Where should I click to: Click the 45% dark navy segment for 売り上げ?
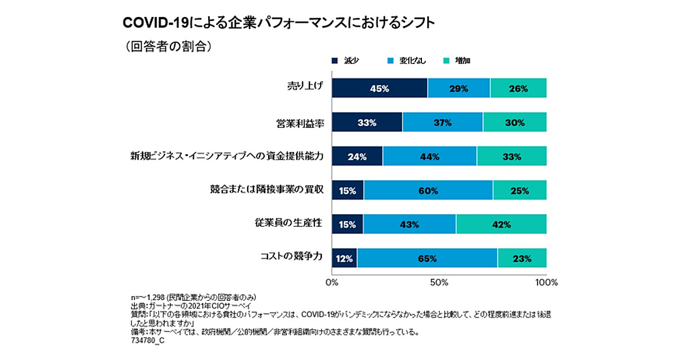coord(379,89)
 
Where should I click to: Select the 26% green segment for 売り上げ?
coord(518,89)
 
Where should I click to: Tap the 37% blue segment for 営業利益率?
coord(442,122)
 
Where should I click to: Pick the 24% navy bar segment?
coord(357,157)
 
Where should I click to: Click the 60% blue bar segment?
coord(428,190)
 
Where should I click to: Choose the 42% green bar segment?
coord(501,224)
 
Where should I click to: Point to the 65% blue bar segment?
coord(427,258)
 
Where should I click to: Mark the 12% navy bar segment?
coord(344,258)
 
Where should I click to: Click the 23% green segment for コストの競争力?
coord(521,258)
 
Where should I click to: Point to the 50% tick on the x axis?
coord(438,282)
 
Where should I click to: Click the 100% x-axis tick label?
coord(545,282)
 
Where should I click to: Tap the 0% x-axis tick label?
coord(332,282)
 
